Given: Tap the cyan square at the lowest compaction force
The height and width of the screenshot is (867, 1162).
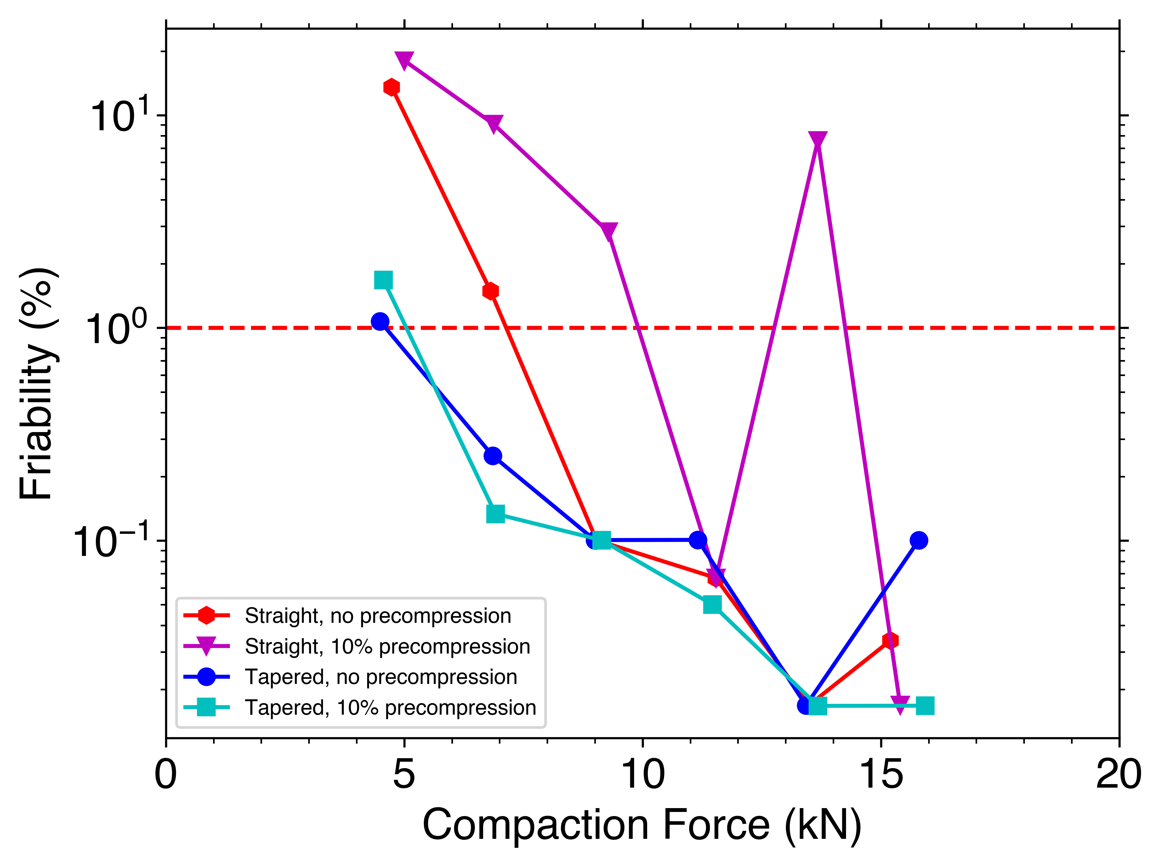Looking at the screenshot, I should click(x=383, y=280).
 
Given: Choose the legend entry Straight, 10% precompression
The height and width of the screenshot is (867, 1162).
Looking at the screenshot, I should click(x=387, y=646).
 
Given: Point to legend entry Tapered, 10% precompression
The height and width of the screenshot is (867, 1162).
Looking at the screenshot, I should click(x=390, y=707).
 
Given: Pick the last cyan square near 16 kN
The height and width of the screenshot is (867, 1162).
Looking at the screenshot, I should click(x=925, y=706).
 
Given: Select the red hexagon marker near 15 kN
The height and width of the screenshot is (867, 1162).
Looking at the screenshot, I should click(x=890, y=640).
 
